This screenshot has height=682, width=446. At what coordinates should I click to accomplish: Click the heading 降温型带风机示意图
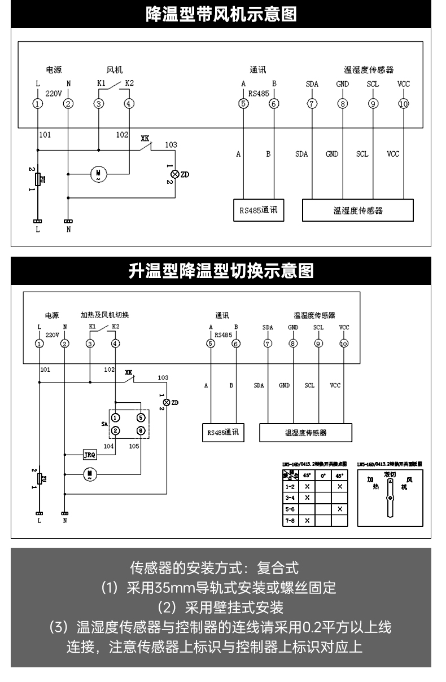pos(222,14)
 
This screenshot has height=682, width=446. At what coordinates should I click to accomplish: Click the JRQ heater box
pos(90,454)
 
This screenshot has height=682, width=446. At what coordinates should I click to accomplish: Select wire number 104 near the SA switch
pos(108,445)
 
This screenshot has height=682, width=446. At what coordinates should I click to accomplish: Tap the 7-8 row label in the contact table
pos(290,520)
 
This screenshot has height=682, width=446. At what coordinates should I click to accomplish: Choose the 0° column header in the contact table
pos(323,475)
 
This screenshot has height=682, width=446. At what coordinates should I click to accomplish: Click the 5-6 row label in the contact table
pos(290,508)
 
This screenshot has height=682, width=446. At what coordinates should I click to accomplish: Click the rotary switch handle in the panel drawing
pos(389,499)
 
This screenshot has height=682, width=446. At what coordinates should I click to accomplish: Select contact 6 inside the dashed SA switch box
pos(141,431)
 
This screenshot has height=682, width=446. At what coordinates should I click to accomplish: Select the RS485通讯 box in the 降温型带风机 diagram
pos(259,211)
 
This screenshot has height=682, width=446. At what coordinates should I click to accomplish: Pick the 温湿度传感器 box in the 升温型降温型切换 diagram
pos(305,433)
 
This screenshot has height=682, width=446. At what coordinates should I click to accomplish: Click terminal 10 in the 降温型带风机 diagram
pos(403,103)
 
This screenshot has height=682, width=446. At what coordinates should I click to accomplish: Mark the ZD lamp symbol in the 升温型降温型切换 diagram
pos(166,402)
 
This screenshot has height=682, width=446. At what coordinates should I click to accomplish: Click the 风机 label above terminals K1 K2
pos(114,70)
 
